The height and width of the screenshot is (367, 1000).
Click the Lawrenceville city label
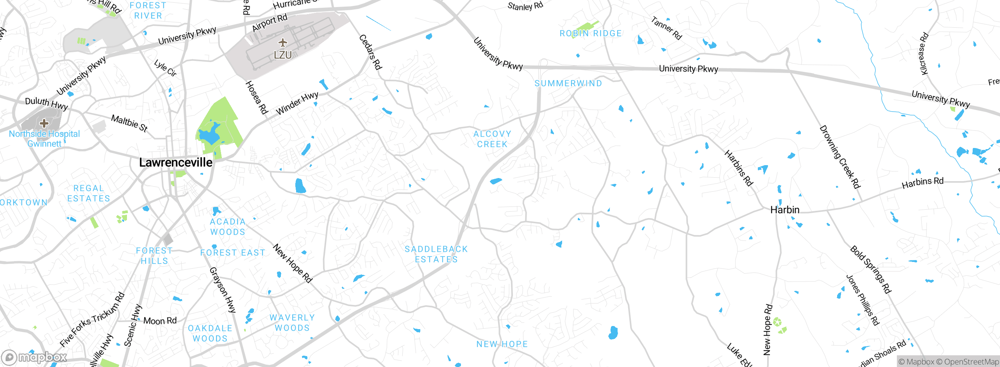click(x=176, y=162)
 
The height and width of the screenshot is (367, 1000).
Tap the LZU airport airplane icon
click(x=282, y=42)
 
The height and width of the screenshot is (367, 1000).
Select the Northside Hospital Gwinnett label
click(x=44, y=139)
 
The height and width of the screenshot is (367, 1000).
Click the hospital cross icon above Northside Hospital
click(x=44, y=123)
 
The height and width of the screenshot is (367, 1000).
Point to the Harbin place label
click(x=785, y=210)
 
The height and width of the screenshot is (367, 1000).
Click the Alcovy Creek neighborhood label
click(x=492, y=139)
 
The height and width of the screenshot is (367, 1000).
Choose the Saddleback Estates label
click(x=436, y=254)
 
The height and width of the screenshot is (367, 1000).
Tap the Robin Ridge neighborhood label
click(x=590, y=34)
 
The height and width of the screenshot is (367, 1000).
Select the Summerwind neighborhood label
click(x=568, y=84)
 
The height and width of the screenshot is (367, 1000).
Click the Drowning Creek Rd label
click(x=840, y=157)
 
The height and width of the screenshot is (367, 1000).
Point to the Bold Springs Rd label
click(x=871, y=269)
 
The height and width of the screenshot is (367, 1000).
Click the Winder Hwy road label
click(x=297, y=103)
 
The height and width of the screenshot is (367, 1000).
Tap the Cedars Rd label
click(x=370, y=52)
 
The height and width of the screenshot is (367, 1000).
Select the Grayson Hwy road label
click(x=223, y=290)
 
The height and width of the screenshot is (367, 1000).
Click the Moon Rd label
click(x=160, y=321)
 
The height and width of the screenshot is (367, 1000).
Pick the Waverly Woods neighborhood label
click(x=292, y=323)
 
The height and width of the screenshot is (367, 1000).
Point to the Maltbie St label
click(x=129, y=123)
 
